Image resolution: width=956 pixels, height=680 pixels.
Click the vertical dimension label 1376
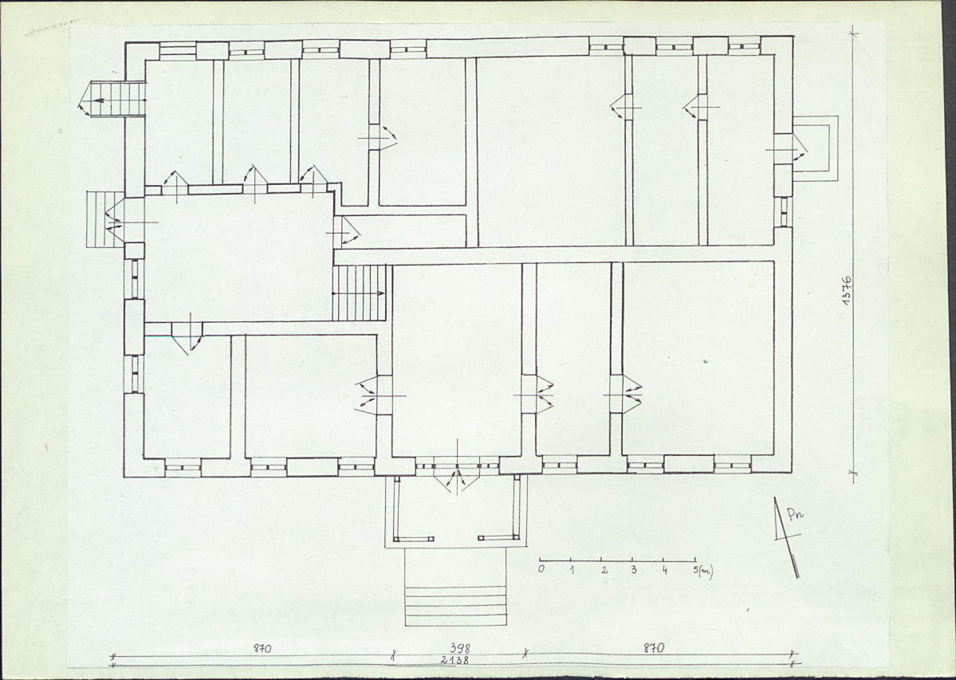coord(848,289)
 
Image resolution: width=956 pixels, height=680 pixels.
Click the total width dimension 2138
coord(455,660)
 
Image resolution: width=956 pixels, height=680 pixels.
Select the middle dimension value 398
coord(460,648)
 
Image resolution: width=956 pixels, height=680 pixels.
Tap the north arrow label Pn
coord(795,515)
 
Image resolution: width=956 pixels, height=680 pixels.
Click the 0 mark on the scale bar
coord(541,569)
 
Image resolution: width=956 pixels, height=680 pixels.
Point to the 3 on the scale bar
coord(633,570)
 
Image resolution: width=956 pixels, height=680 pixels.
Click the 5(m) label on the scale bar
coord(703,571)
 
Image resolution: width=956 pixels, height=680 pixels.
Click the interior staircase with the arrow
coord(360,293)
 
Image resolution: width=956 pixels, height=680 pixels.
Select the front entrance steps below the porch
coord(456,587)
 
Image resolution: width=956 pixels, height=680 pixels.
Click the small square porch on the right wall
coord(815,148)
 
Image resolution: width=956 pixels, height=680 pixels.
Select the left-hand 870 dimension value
coord(263,648)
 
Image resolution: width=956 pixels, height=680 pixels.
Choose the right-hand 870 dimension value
coord(654,648)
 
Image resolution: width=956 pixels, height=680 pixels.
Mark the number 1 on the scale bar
coord(572,570)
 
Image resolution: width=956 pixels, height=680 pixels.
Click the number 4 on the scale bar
coord(664,570)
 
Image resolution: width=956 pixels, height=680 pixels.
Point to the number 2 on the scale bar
coord(604,570)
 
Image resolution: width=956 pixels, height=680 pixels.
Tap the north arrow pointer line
coord(786,537)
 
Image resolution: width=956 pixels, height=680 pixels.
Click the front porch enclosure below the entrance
coord(385,512)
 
